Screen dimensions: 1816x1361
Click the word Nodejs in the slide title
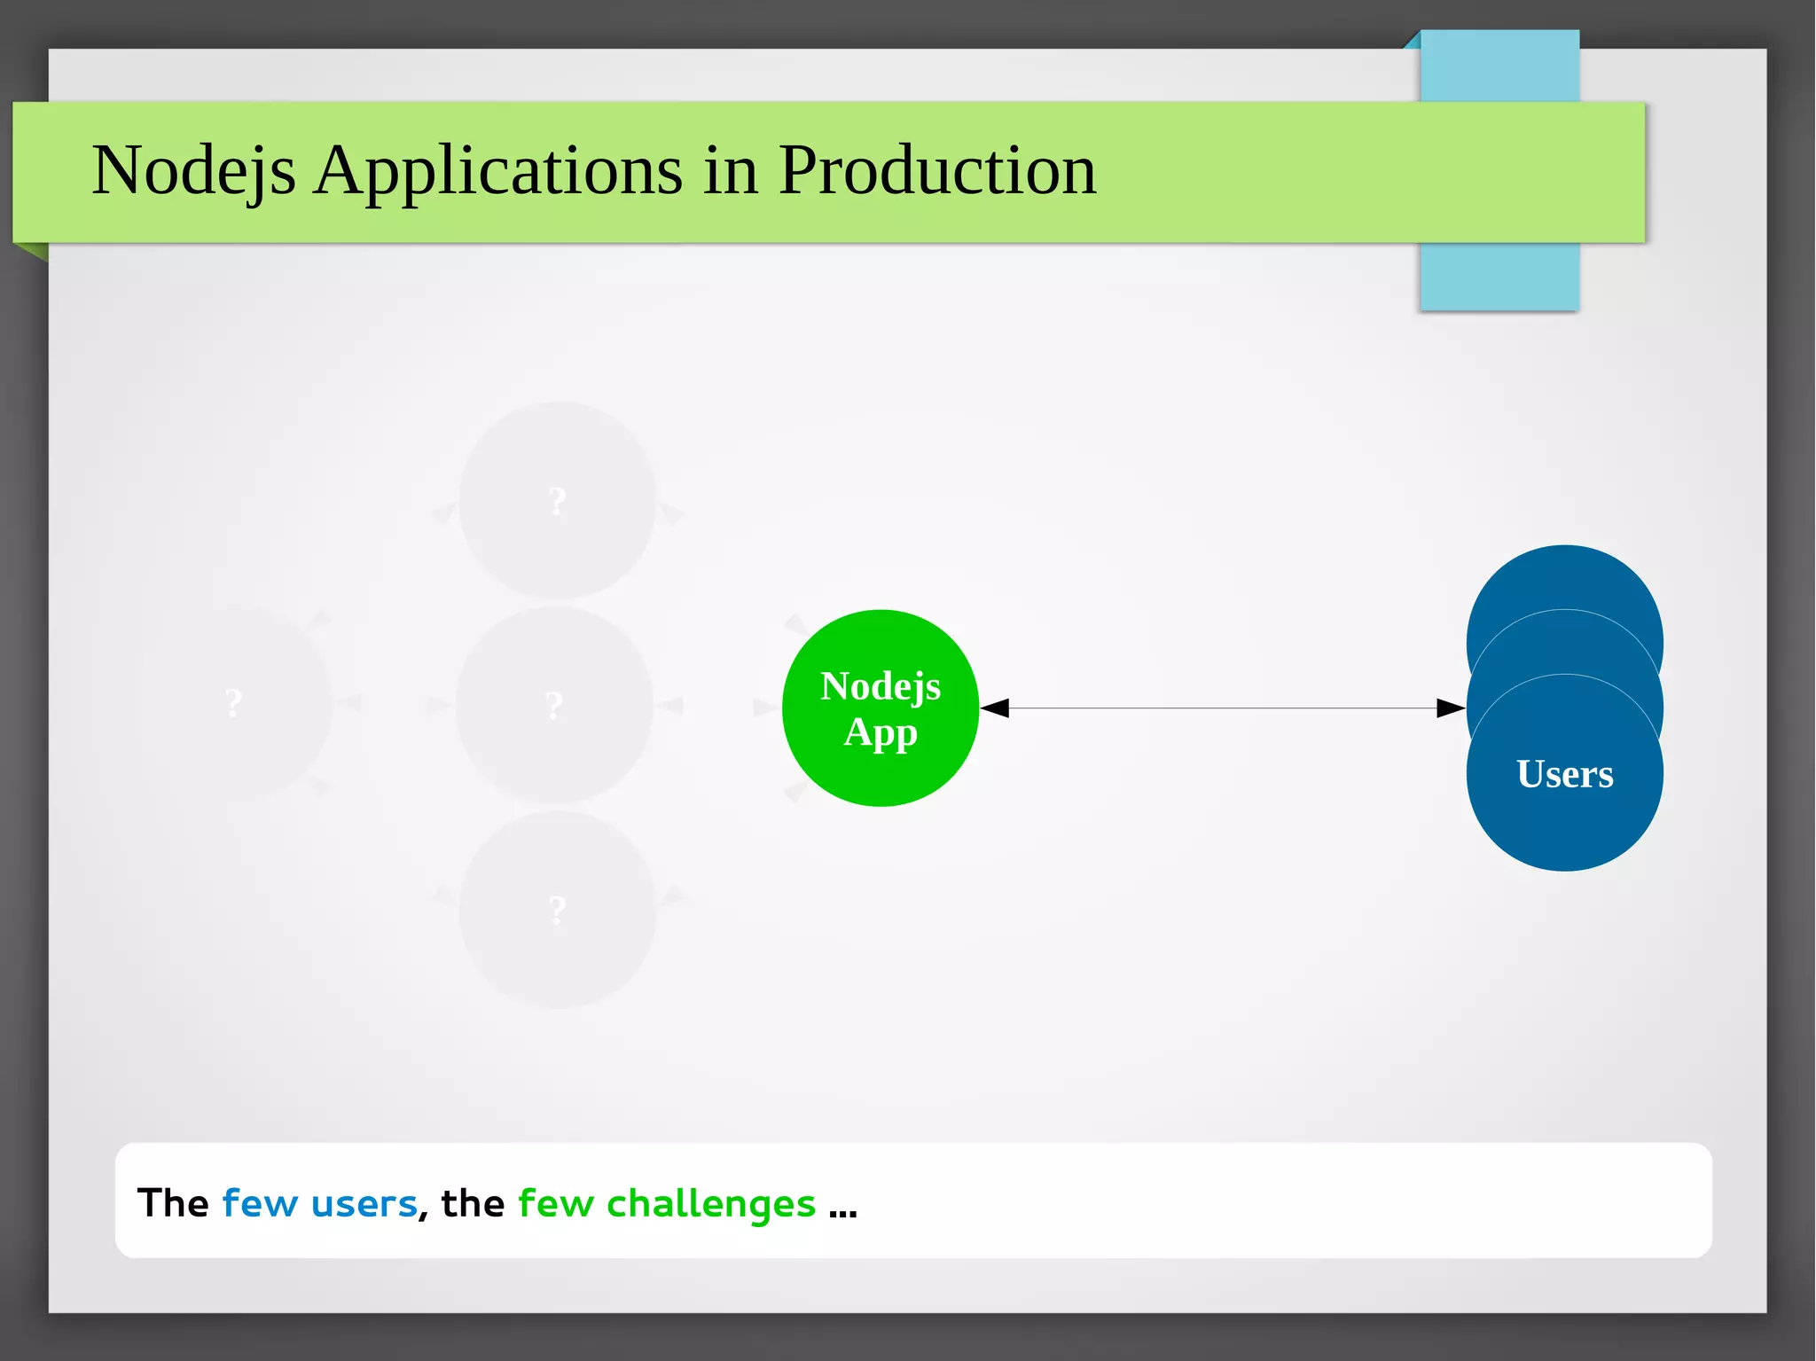point(193,170)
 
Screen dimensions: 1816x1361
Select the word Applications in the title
point(498,170)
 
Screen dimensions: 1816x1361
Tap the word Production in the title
point(937,170)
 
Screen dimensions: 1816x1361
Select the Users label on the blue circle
point(1564,774)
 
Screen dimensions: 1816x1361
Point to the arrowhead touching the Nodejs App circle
point(995,708)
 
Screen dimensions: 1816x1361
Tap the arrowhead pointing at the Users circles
point(1450,708)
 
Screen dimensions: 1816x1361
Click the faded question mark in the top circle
point(557,502)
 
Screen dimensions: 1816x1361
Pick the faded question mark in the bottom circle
point(557,911)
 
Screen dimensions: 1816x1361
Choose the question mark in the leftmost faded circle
point(233,703)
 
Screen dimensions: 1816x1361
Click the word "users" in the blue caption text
point(364,1203)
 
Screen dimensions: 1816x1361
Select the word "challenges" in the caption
point(710,1203)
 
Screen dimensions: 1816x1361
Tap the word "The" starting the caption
point(173,1203)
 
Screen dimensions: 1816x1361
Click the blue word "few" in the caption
point(259,1203)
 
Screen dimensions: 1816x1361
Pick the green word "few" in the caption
point(555,1203)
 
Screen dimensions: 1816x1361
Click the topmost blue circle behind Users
point(1564,576)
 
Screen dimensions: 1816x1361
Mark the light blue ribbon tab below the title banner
point(1499,276)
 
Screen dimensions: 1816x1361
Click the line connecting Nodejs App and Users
point(1224,708)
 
